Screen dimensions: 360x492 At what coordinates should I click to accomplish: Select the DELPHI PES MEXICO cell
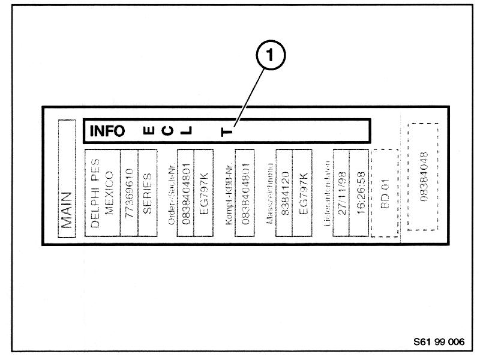[x=102, y=193]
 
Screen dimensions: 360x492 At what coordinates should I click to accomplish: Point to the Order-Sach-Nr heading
[x=172, y=193]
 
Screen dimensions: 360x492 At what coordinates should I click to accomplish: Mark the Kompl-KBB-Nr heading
[x=229, y=193]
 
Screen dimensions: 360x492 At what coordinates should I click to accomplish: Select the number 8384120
[x=283, y=193]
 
